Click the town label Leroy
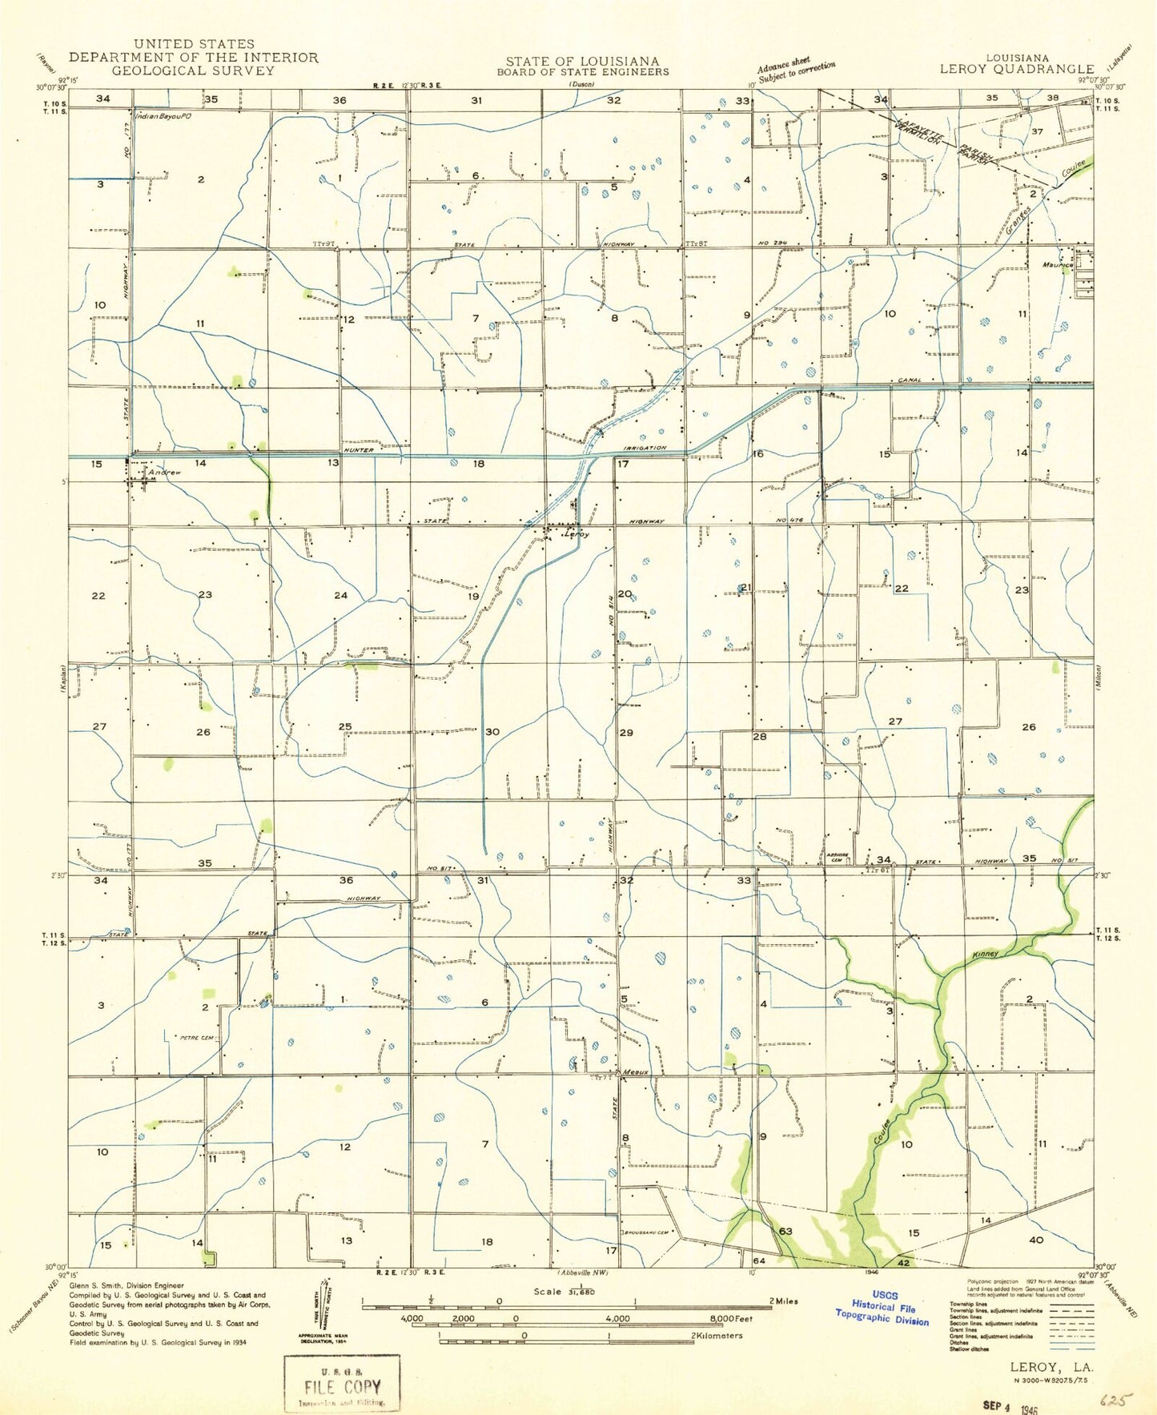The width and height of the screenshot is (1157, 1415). tap(577, 534)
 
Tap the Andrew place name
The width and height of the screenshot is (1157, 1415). tap(163, 472)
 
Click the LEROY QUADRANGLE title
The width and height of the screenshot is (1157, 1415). tap(1016, 69)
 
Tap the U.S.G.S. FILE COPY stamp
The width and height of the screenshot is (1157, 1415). tap(342, 1382)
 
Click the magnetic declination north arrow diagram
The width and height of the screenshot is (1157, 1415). tap(323, 1308)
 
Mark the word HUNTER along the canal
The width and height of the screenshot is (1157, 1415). tap(359, 450)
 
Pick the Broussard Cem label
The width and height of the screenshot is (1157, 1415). tap(645, 1232)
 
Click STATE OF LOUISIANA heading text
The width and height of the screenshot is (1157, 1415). tap(582, 61)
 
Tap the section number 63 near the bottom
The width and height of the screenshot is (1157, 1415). tap(785, 1232)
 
